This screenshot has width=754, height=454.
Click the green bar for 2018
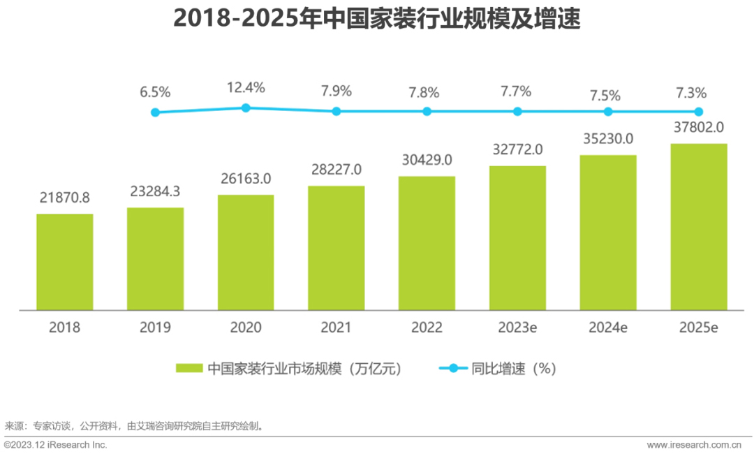pyautogui.click(x=65, y=261)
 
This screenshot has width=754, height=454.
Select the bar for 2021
pyautogui.click(x=336, y=247)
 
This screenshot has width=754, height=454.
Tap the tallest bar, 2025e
pyautogui.click(x=698, y=226)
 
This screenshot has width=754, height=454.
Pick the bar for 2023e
pyautogui.click(x=517, y=237)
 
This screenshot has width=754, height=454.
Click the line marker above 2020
pyautogui.click(x=246, y=108)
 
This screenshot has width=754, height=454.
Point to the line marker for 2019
pyautogui.click(x=155, y=112)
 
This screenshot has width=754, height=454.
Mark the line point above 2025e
pyautogui.click(x=698, y=111)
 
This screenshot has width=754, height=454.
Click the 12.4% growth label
pyautogui.click(x=246, y=88)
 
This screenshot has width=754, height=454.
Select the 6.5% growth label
pyautogui.click(x=155, y=92)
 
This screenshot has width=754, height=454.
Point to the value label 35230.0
pyautogui.click(x=608, y=139)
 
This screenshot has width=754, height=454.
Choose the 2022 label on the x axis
pyautogui.click(x=427, y=327)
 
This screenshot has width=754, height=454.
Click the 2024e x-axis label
pyautogui.click(x=608, y=327)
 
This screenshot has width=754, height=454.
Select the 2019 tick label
pyautogui.click(x=155, y=327)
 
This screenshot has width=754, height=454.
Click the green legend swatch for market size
pyautogui.click(x=188, y=368)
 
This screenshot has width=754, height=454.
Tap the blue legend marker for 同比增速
pyautogui.click(x=452, y=368)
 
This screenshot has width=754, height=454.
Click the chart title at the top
pyautogui.click(x=377, y=19)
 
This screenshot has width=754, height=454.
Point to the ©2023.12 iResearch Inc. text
pyautogui.click(x=56, y=445)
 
